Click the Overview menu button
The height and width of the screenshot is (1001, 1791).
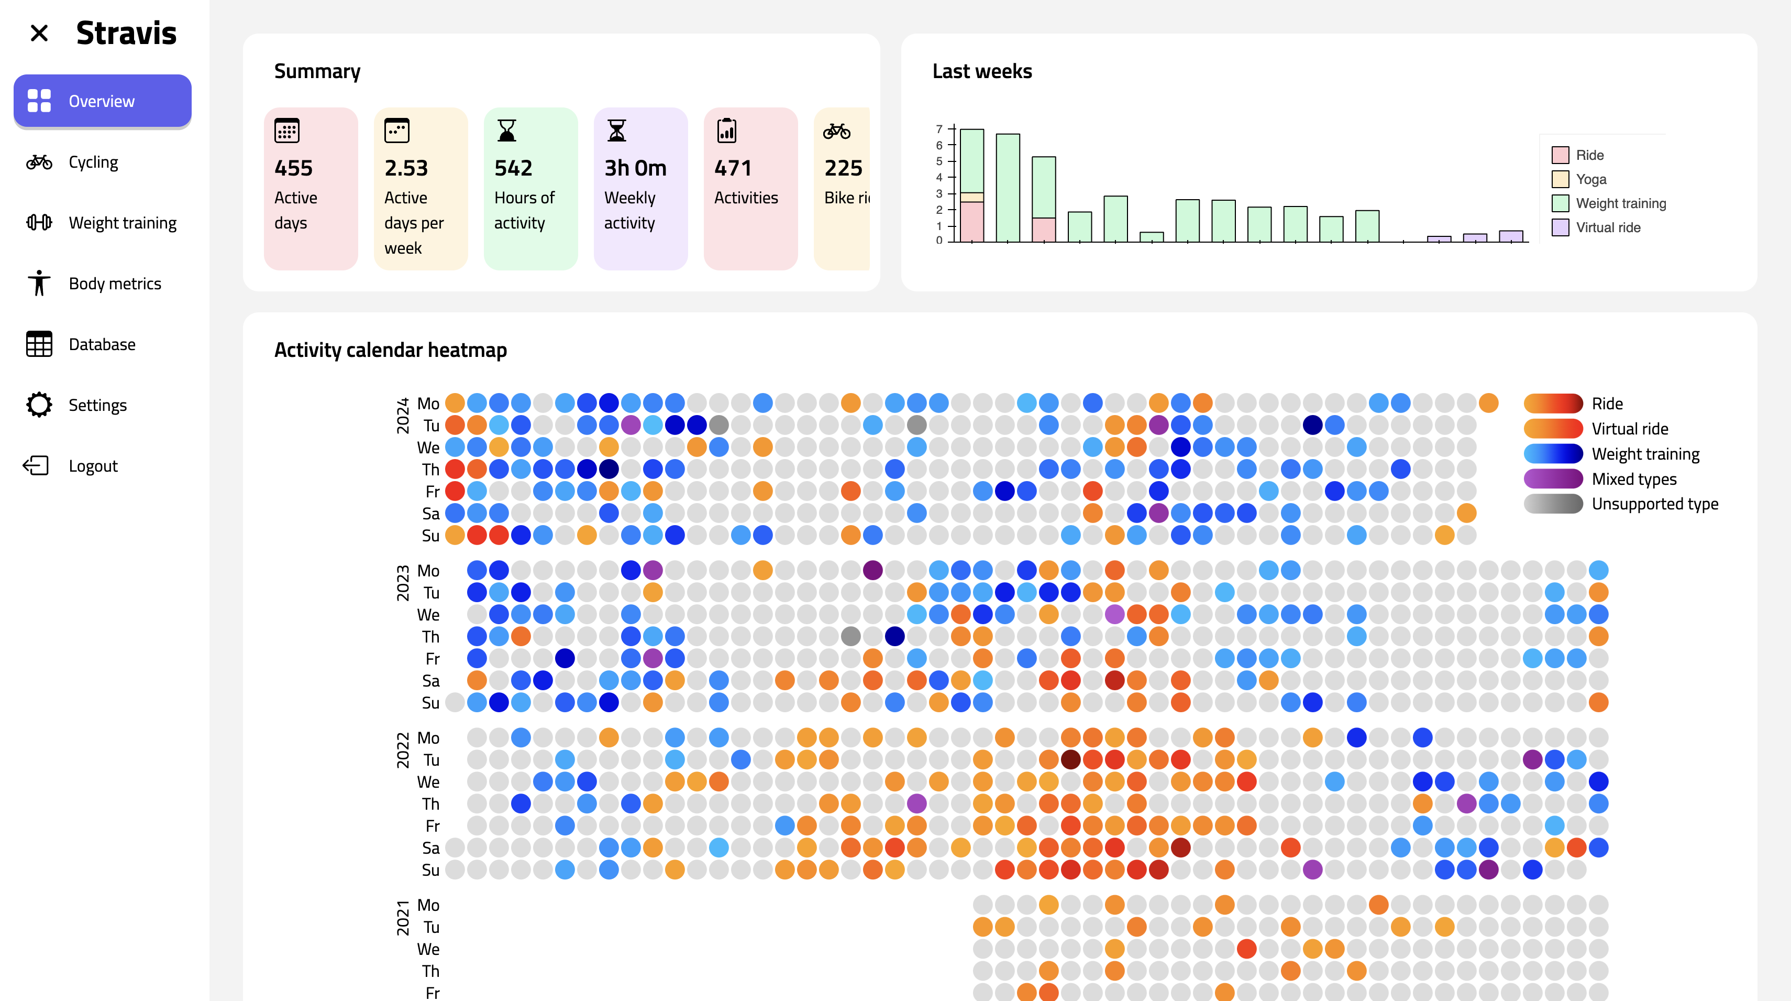point(102,101)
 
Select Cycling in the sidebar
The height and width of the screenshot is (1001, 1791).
point(93,162)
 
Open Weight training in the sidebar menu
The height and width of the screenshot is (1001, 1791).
point(123,223)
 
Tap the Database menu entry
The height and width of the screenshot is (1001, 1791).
point(102,344)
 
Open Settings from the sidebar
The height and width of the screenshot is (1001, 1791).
point(97,405)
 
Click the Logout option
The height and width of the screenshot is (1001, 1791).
point(93,466)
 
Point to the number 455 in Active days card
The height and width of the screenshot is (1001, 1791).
point(293,168)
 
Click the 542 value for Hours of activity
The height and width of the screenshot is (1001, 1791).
point(513,168)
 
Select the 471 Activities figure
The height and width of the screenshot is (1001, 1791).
point(733,168)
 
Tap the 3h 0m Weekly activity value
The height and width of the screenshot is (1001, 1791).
point(635,168)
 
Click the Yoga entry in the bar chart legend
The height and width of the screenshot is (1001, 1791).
point(1591,179)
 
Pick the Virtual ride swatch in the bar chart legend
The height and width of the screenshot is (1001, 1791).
point(1560,227)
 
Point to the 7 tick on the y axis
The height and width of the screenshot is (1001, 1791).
point(939,129)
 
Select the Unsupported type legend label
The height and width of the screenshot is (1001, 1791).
point(1655,504)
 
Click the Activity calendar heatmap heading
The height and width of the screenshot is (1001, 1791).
point(390,350)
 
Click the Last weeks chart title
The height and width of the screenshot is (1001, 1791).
point(982,71)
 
